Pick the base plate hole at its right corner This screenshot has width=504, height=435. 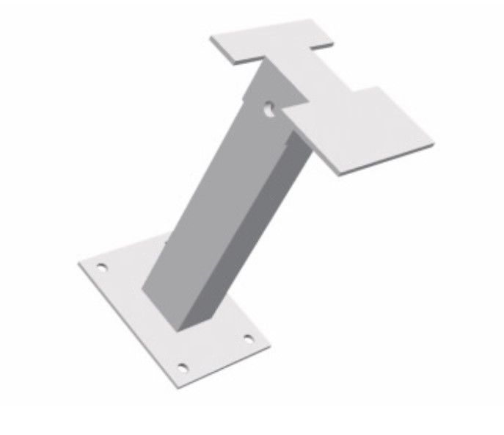(247, 339)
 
